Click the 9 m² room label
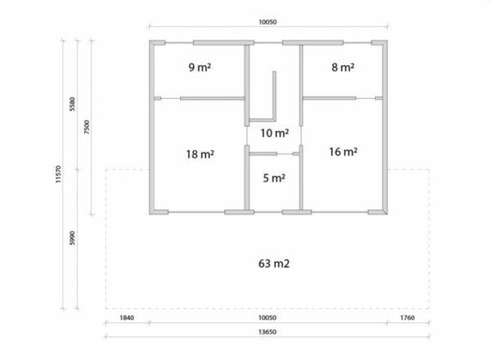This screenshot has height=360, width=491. point(200,67)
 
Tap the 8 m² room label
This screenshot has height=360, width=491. point(343,67)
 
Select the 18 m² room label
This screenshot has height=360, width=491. point(200,155)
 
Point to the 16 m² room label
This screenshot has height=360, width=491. point(343,152)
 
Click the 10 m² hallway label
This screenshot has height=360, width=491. point(275,133)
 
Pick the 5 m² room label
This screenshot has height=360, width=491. point(274,178)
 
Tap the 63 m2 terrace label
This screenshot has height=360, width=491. point(274,263)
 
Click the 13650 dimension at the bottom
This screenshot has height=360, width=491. point(267,332)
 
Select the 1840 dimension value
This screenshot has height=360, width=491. point(127,317)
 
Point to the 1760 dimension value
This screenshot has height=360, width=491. point(408,317)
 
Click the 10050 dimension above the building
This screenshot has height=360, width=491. point(268,22)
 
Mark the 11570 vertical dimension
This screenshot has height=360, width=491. point(58,174)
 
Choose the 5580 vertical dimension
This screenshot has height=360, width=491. point(72,104)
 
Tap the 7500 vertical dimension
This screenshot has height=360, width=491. point(87,127)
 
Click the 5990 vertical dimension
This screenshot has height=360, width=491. point(72,238)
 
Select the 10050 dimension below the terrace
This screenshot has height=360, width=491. point(267,317)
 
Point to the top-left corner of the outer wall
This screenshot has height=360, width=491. point(150,40)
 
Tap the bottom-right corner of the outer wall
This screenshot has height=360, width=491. point(387,214)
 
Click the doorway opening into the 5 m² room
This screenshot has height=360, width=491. point(285,154)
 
